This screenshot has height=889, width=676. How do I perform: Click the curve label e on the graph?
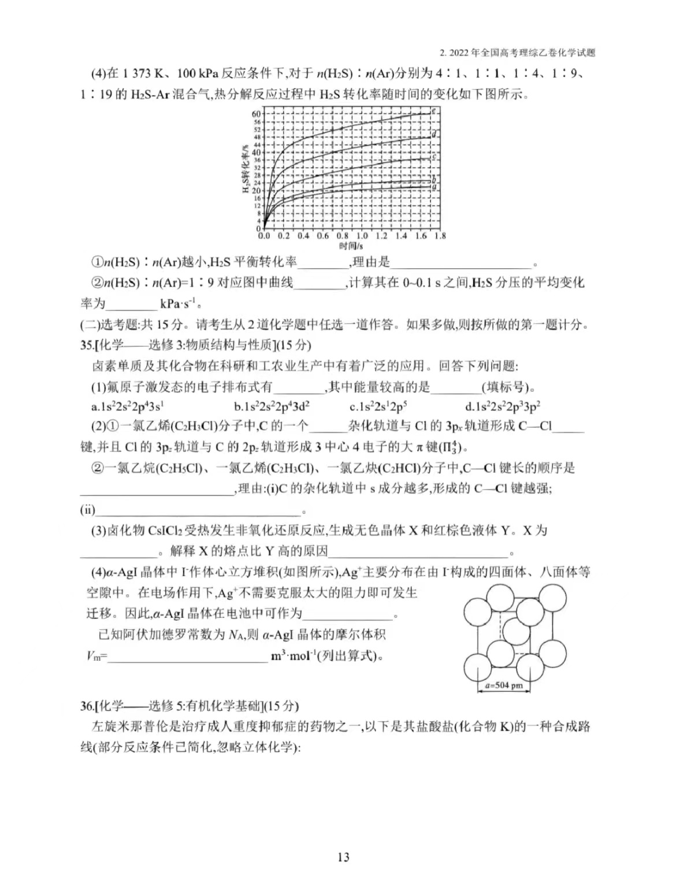click(x=434, y=110)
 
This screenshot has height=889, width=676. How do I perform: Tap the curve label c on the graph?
click(x=433, y=157)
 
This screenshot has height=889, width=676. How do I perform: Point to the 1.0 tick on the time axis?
click(x=362, y=236)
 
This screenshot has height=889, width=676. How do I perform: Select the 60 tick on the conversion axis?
click(x=256, y=114)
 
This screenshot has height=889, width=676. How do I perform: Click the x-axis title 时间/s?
click(x=351, y=246)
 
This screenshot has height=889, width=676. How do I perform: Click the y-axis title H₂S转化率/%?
click(x=244, y=170)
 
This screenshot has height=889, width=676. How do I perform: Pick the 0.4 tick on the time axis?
click(x=303, y=236)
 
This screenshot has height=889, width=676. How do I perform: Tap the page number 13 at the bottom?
click(x=343, y=857)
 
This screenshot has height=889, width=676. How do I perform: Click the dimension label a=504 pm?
click(x=504, y=686)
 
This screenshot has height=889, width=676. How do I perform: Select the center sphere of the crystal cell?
click(x=518, y=631)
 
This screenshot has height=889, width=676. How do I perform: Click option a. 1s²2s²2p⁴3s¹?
click(x=127, y=406)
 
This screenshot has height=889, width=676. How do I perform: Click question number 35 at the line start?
click(x=87, y=345)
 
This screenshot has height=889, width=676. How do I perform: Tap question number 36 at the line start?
click(x=87, y=706)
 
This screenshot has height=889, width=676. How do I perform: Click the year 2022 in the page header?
click(x=459, y=53)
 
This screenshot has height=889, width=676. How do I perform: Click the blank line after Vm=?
click(x=188, y=657)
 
